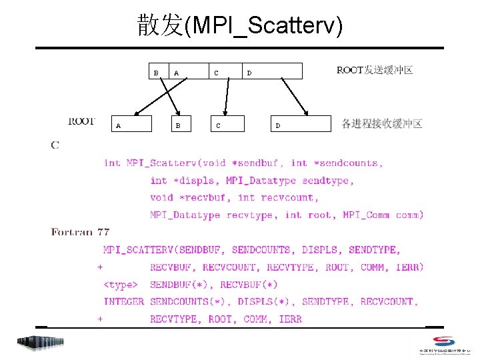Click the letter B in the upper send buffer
coord(156,72)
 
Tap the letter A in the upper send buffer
coord(176,73)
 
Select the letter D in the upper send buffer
coord(249,73)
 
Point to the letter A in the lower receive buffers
coord(119,125)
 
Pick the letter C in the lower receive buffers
coord(217,125)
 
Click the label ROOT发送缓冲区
coord(375,70)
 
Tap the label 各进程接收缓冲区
coord(382,123)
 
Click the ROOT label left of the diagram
coord(81,121)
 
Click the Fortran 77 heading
coord(80,232)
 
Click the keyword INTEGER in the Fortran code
coord(123,302)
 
